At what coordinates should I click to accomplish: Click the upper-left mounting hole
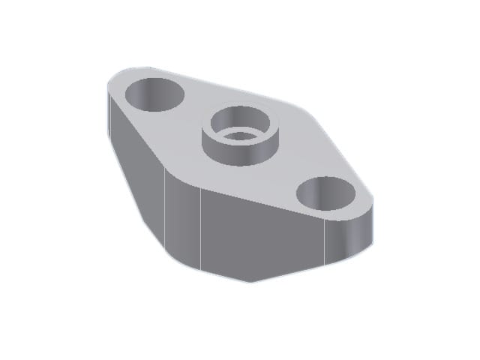[x=154, y=93]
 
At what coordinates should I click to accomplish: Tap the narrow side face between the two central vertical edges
[x=184, y=225]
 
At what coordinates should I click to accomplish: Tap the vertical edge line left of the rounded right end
[x=323, y=243]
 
